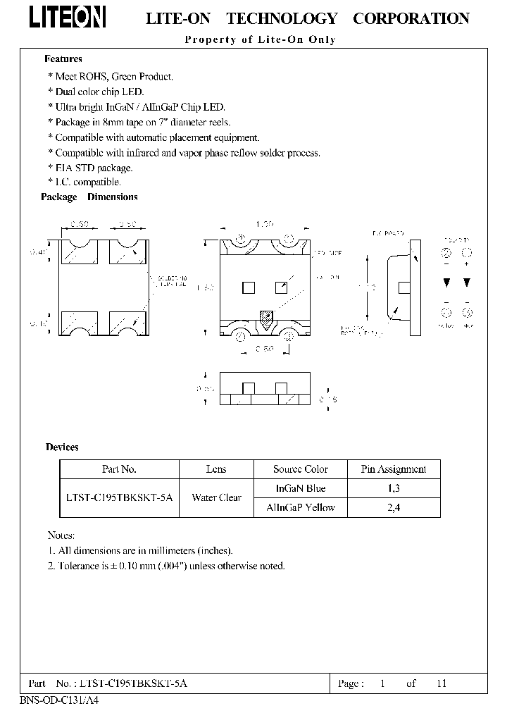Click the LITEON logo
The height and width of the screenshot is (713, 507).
click(x=68, y=18)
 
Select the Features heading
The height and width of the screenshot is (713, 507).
click(x=63, y=59)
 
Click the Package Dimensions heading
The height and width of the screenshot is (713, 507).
click(x=89, y=197)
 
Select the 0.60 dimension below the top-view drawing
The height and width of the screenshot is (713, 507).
click(x=264, y=348)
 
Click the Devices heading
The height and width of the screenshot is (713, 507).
click(x=62, y=447)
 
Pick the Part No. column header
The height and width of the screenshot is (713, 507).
click(x=119, y=469)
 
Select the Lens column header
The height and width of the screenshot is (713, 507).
click(x=216, y=469)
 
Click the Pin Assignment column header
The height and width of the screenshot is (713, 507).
click(x=394, y=469)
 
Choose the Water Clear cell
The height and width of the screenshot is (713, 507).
click(x=216, y=497)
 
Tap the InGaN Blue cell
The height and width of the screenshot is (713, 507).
click(x=301, y=488)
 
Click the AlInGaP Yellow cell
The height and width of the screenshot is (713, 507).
click(x=301, y=507)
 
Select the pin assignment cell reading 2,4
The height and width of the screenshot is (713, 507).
click(x=394, y=507)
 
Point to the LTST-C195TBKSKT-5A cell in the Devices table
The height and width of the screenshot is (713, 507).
click(x=119, y=497)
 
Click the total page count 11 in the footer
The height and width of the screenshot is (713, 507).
click(x=441, y=683)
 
